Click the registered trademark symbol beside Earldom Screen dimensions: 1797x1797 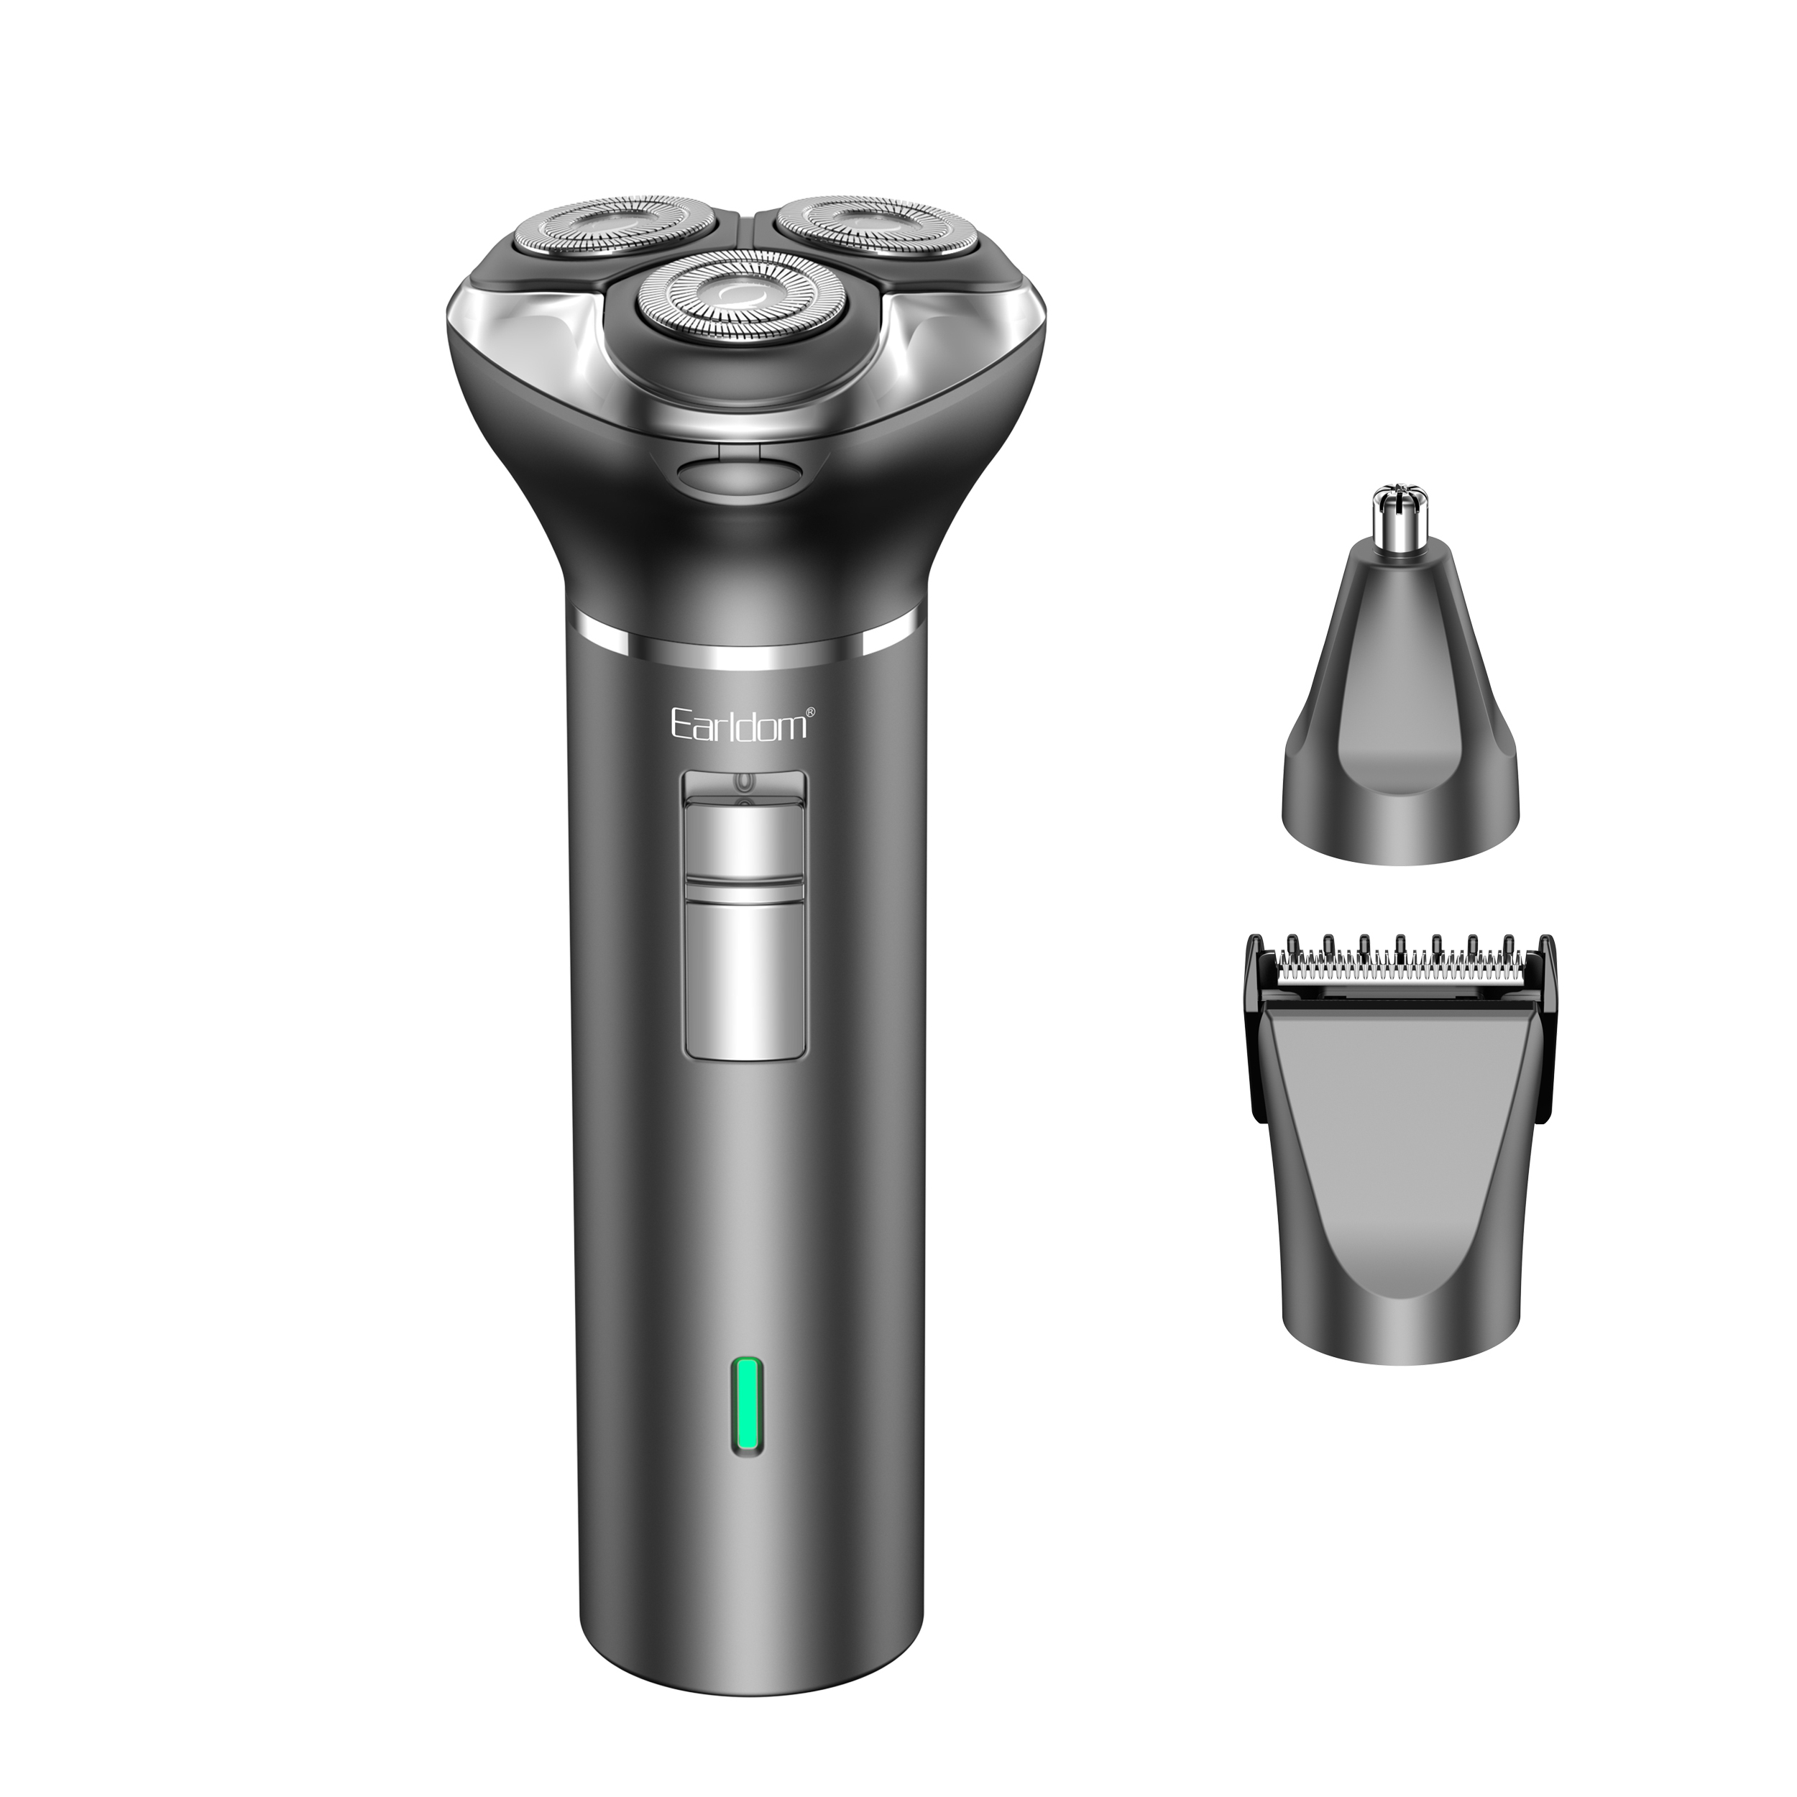[810, 712]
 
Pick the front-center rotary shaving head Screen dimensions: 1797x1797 [743, 294]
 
